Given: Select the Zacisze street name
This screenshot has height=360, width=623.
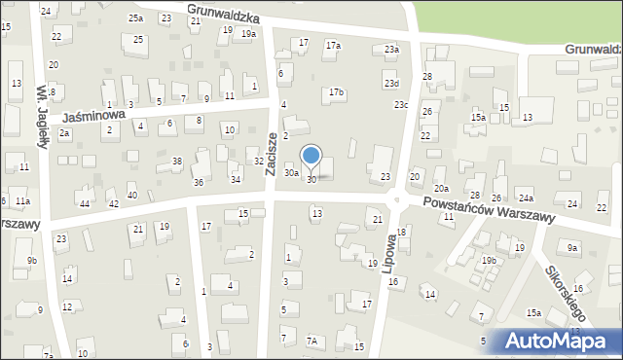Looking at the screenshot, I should [272, 154].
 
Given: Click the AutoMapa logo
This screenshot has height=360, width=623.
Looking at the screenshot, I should [556, 342].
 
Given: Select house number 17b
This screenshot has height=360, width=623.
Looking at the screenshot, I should [336, 92].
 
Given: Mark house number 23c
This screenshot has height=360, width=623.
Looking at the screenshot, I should [400, 104].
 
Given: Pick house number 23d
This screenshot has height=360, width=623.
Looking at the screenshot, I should [390, 84].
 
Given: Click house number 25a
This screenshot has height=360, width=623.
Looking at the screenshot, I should [135, 18].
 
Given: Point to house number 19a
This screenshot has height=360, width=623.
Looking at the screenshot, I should [248, 34].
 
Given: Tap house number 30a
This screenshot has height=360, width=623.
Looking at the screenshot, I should [291, 172].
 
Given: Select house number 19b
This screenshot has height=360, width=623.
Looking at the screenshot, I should [489, 260].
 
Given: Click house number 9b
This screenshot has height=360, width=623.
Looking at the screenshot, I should [32, 260].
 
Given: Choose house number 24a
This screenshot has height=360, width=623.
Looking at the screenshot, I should [525, 198].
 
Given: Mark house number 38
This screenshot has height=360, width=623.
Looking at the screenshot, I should [176, 161].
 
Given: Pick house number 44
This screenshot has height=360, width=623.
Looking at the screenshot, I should [85, 203].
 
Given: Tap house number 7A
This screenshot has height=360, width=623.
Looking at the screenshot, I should [311, 341].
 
